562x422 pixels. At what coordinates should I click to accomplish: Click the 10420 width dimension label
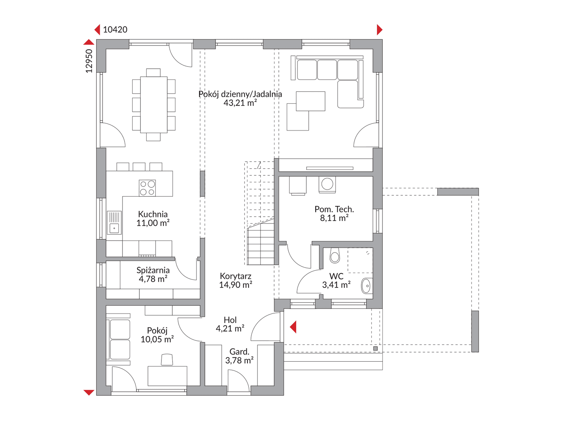click(115, 30)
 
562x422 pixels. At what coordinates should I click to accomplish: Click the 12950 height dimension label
click(89, 61)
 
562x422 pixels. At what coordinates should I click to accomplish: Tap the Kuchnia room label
click(153, 214)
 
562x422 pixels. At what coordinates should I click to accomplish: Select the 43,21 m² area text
click(240, 103)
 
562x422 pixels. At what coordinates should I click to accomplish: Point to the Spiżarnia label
click(153, 270)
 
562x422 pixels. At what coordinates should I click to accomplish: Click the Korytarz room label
click(235, 276)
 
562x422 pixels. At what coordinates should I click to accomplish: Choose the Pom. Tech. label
click(334, 209)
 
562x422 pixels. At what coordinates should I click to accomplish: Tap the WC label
click(336, 276)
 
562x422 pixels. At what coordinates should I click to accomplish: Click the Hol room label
click(230, 320)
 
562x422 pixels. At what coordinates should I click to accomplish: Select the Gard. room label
click(239, 351)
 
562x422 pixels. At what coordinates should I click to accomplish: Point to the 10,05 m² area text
click(157, 339)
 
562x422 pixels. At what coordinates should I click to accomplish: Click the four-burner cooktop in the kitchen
click(147, 188)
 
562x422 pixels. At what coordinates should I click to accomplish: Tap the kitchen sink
click(114, 222)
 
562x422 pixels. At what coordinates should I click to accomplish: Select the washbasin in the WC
click(367, 285)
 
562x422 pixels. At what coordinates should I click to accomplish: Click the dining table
click(154, 105)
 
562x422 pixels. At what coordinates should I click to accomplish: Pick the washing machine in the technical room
click(327, 184)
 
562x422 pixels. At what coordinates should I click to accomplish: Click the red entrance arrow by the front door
click(293, 327)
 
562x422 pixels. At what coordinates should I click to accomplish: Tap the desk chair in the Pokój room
click(167, 359)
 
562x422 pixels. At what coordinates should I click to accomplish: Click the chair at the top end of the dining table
click(154, 73)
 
